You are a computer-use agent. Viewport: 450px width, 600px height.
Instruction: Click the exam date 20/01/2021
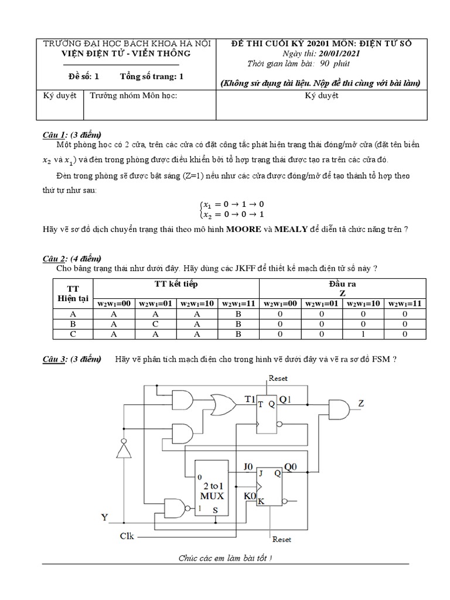point(338,53)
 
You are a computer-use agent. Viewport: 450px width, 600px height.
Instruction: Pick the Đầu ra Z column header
point(343,288)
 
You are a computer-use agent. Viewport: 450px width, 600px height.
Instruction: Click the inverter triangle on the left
point(122,449)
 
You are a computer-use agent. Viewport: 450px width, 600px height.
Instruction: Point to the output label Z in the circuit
point(361,404)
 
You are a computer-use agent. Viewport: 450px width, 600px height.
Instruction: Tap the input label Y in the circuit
point(105,517)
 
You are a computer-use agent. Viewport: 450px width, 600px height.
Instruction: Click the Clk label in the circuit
point(127,536)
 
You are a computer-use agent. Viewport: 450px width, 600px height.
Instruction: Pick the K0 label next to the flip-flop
point(248,497)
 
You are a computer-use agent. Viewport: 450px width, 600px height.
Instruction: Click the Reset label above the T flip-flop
point(278,379)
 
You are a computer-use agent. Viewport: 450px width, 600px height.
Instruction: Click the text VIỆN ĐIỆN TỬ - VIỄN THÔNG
point(127,53)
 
